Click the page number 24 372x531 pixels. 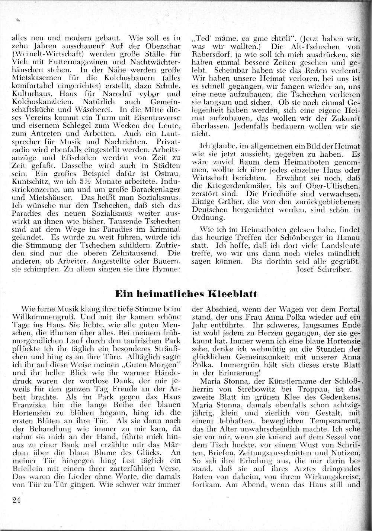16,500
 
